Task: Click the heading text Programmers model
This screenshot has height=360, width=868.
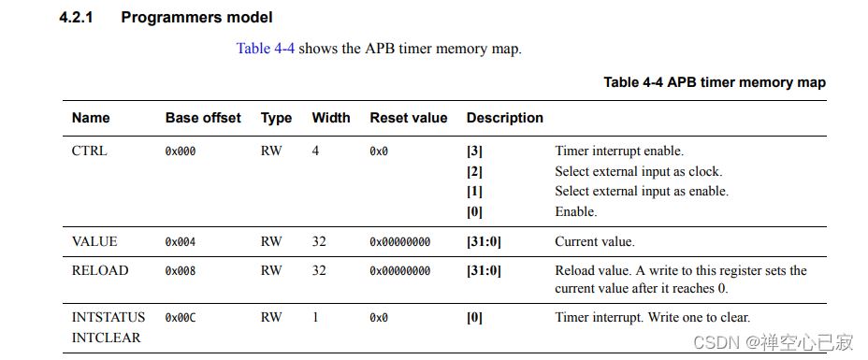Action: (x=196, y=18)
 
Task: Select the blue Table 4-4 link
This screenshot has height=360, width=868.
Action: (x=265, y=49)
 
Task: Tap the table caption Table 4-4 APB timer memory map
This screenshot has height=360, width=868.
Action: (x=714, y=82)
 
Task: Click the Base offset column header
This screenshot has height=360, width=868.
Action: (x=203, y=118)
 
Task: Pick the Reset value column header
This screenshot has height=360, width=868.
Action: (x=408, y=118)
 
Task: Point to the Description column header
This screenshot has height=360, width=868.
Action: (x=504, y=118)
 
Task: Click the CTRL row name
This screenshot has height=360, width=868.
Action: (x=90, y=151)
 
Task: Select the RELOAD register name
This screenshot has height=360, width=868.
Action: (x=99, y=271)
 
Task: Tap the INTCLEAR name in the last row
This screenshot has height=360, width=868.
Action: (x=107, y=338)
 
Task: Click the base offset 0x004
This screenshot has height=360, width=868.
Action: (x=181, y=242)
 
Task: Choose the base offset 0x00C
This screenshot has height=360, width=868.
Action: (x=181, y=318)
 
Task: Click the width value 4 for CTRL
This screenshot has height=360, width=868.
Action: (x=315, y=151)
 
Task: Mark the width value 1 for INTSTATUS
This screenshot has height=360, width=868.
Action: (x=315, y=318)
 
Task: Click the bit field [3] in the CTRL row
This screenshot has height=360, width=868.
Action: (x=474, y=151)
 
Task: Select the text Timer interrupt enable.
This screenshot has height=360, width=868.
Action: (x=619, y=151)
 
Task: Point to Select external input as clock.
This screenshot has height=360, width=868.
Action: (x=638, y=171)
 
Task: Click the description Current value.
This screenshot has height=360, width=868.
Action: (x=594, y=242)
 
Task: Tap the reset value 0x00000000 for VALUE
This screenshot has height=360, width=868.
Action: (x=399, y=242)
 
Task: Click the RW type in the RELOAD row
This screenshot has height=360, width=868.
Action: (x=271, y=271)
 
